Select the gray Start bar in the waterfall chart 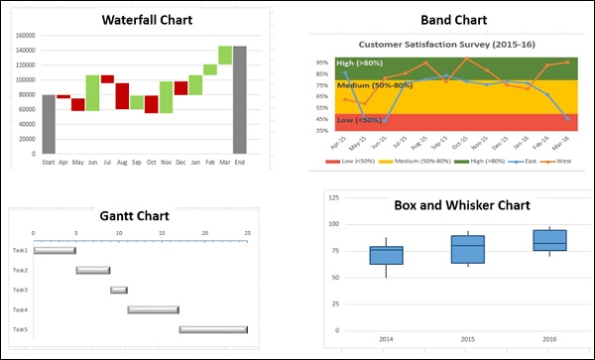click(49, 124)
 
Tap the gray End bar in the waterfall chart click(240, 99)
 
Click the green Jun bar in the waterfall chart click(92, 92)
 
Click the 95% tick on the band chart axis click(322, 61)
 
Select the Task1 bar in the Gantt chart click(55, 250)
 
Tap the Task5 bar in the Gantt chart click(213, 329)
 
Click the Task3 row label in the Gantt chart click(19, 290)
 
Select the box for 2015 click(467, 249)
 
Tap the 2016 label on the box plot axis click(548, 339)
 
